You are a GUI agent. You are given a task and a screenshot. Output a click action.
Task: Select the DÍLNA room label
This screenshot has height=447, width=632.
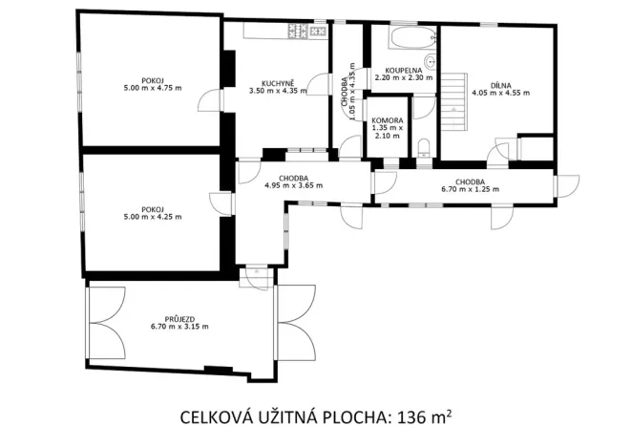(499, 85)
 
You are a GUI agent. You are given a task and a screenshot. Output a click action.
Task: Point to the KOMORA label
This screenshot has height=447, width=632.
(387, 120)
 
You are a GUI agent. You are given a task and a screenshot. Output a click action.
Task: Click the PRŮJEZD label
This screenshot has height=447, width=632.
(178, 318)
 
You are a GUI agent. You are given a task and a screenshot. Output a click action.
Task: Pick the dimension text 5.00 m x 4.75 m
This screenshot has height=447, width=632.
(151, 88)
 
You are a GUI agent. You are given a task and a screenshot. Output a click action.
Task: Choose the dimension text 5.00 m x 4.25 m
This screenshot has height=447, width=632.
(151, 217)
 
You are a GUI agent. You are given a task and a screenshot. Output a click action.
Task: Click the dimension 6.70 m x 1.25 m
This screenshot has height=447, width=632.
(470, 189)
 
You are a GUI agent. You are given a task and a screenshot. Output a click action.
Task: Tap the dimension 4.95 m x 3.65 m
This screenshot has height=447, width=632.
(293, 185)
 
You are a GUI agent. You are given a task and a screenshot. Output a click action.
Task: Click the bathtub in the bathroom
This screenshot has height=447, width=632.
(403, 40)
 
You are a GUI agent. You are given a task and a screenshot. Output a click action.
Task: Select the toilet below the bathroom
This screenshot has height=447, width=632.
(423, 146)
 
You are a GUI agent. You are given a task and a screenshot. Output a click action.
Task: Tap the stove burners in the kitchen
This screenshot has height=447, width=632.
(307, 32)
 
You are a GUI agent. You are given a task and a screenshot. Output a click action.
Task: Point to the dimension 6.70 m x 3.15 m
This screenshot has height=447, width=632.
(179, 327)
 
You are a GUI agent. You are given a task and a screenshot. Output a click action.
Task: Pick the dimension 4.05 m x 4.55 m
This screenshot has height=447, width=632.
(499, 94)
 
